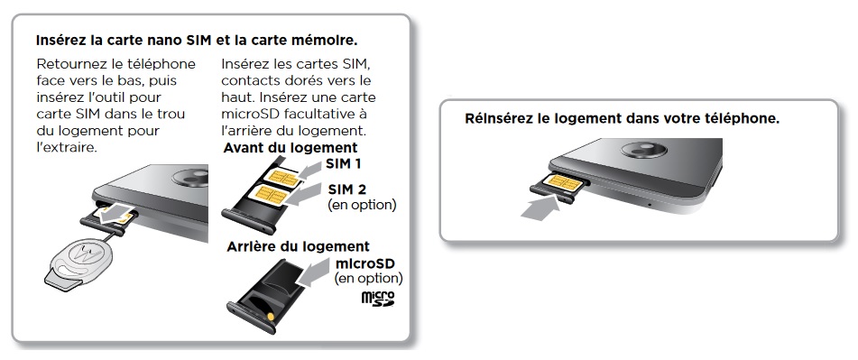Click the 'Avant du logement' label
tap(291, 147)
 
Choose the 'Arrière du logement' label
tap(297, 245)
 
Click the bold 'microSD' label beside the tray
tap(368, 263)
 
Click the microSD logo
tap(378, 299)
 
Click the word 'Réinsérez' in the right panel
tap(501, 118)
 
